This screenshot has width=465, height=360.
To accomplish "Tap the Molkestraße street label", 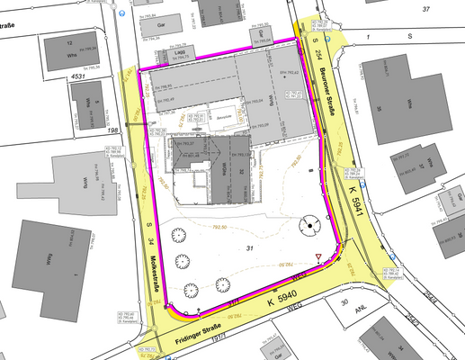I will [x=155, y=271].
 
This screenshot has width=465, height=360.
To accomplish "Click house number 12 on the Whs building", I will [x=71, y=42].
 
